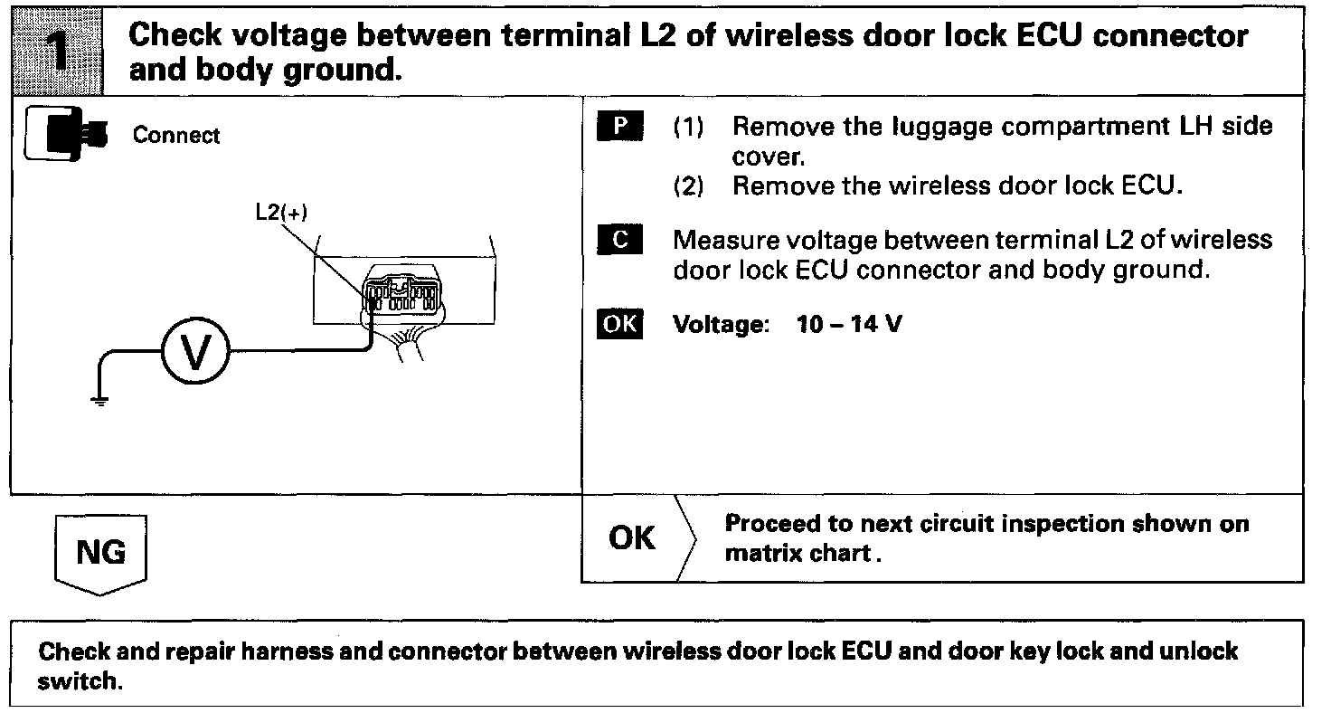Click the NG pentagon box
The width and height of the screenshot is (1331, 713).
(x=100, y=553)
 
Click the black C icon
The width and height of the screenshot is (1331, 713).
(x=619, y=241)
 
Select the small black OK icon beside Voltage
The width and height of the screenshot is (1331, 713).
(x=619, y=325)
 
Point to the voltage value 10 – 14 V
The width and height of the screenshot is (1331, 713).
(x=849, y=325)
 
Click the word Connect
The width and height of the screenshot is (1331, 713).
(x=176, y=136)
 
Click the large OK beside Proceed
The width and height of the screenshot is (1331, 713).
(x=632, y=538)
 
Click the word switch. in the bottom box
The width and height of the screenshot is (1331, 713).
(x=80, y=681)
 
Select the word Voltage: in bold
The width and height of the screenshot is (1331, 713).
(x=721, y=325)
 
